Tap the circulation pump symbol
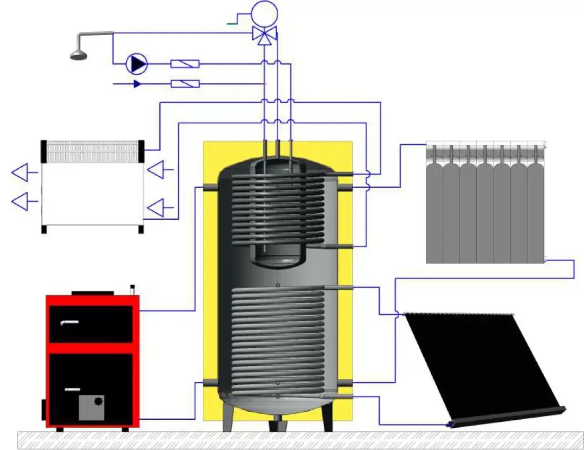pos(137,64)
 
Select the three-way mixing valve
pos(264,34)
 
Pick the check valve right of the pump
pos(185,64)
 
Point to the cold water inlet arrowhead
pos(137,83)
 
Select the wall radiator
pos(486,204)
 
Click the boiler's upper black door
pos(91,324)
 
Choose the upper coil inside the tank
pos(277,207)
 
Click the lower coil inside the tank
pos(277,340)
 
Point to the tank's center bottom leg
pos(277,424)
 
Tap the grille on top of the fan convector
pos(93,151)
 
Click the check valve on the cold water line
pos(185,83)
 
